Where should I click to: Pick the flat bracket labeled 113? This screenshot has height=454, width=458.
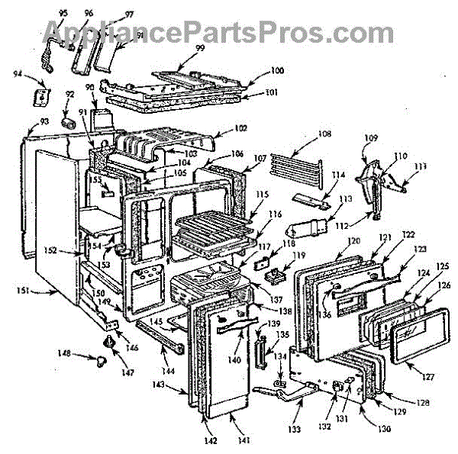pos(307,227)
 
